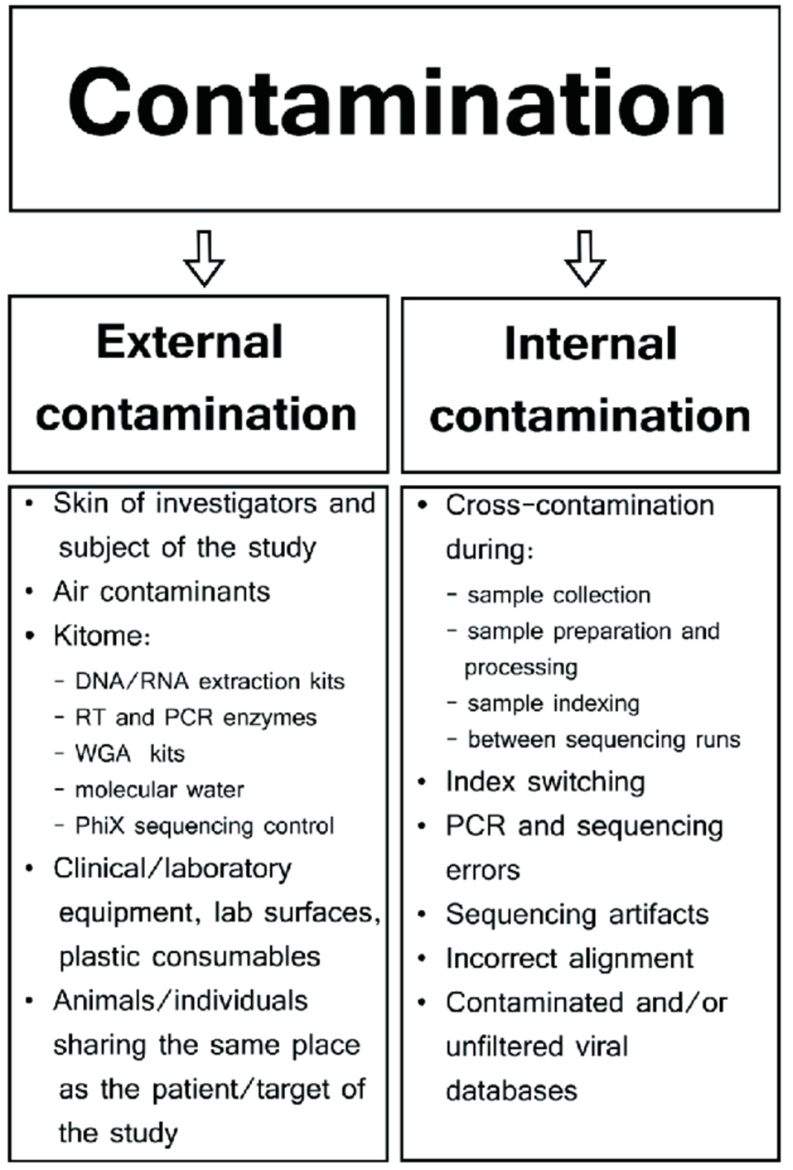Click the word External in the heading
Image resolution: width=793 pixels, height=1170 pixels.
click(190, 342)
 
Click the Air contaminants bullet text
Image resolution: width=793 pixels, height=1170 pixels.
click(161, 591)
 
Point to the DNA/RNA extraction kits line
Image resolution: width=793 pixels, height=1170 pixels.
click(209, 682)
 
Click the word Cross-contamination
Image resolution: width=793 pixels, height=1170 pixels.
click(580, 505)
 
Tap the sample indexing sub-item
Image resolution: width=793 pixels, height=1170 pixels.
click(553, 704)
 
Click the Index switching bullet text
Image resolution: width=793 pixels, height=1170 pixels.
click(545, 782)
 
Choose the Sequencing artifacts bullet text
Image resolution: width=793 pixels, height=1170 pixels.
click(577, 914)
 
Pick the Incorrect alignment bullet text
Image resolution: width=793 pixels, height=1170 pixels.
click(570, 959)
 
